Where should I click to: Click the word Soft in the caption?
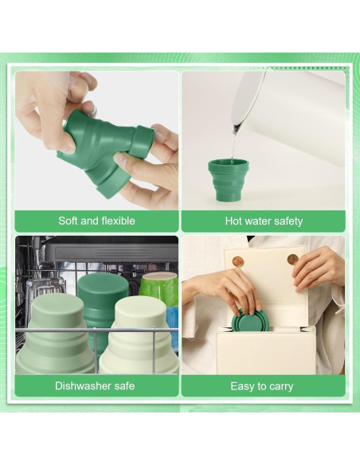point(70,221)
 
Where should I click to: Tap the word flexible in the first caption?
point(116,221)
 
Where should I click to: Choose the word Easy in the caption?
point(242,386)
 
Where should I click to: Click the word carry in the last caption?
point(280,386)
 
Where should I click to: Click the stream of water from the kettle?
point(233,143)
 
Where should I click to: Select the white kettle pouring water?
point(295,119)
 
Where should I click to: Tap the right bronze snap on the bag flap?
point(292,259)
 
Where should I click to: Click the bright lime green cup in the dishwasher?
point(158,287)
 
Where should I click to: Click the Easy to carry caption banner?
point(263,386)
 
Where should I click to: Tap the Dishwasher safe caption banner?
point(96,386)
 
